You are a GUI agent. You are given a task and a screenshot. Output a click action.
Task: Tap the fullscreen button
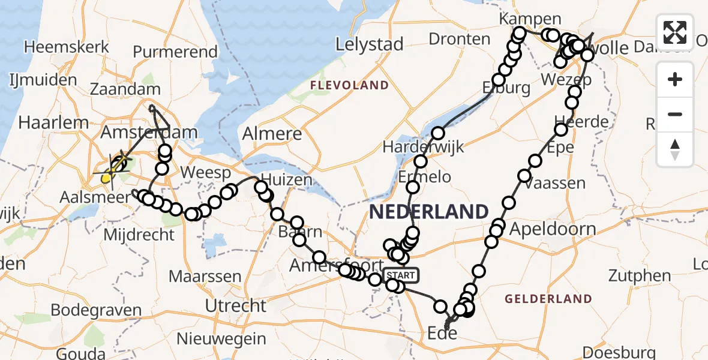675,32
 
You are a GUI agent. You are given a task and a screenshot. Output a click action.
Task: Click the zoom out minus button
675,114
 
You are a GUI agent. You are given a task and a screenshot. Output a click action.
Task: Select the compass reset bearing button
675,149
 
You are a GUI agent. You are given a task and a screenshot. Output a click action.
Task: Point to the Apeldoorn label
553,229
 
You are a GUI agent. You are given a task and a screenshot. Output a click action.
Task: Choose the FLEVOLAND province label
349,85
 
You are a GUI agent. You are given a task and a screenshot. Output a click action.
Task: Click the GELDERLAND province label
548,298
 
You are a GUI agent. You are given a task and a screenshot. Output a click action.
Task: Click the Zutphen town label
640,276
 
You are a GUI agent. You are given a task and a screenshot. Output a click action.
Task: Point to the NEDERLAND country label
428,211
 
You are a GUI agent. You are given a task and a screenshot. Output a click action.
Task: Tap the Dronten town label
460,40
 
